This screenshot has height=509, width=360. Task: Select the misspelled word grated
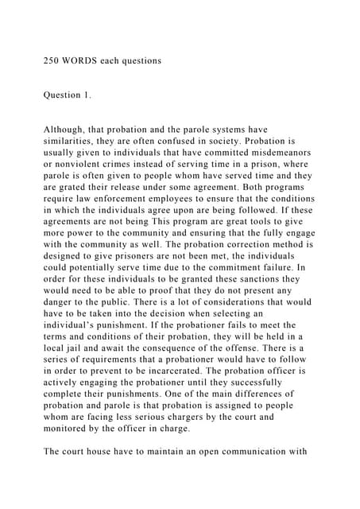pos(72,186)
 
